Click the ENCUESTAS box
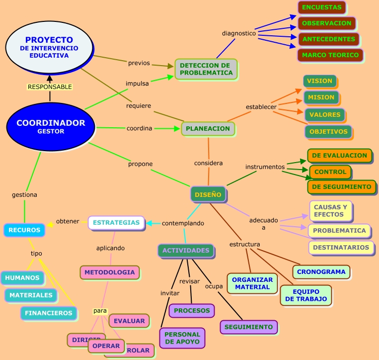(x=321, y=7)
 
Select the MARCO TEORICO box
(x=330, y=55)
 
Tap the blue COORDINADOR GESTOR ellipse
(x=51, y=126)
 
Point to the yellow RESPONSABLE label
(x=50, y=87)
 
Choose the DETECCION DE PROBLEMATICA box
(x=206, y=69)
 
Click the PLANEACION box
(x=208, y=128)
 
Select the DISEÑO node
(x=208, y=194)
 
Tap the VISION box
(x=319, y=81)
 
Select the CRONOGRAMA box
(x=321, y=272)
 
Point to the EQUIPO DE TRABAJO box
(x=305, y=295)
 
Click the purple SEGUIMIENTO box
(x=248, y=327)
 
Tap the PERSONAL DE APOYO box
(x=182, y=338)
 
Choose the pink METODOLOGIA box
(x=109, y=272)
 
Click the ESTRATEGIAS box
(x=116, y=222)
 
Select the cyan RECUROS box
(x=24, y=230)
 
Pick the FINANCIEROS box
(x=49, y=313)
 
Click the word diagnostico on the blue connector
(x=238, y=33)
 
